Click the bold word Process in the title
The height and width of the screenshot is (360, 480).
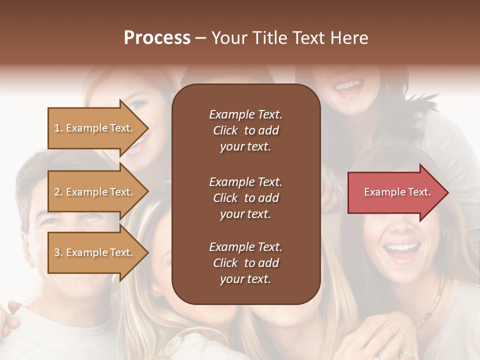tap(157, 38)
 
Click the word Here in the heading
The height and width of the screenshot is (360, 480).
tap(348, 38)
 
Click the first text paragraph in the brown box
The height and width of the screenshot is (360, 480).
tap(245, 130)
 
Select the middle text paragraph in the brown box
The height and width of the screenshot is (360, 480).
tap(245, 198)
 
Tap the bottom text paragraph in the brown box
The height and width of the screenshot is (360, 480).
tap(245, 263)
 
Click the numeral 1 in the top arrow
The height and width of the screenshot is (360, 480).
tap(57, 128)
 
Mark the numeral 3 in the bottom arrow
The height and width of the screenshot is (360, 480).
tap(57, 252)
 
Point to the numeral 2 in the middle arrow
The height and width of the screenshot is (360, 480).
tap(57, 192)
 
